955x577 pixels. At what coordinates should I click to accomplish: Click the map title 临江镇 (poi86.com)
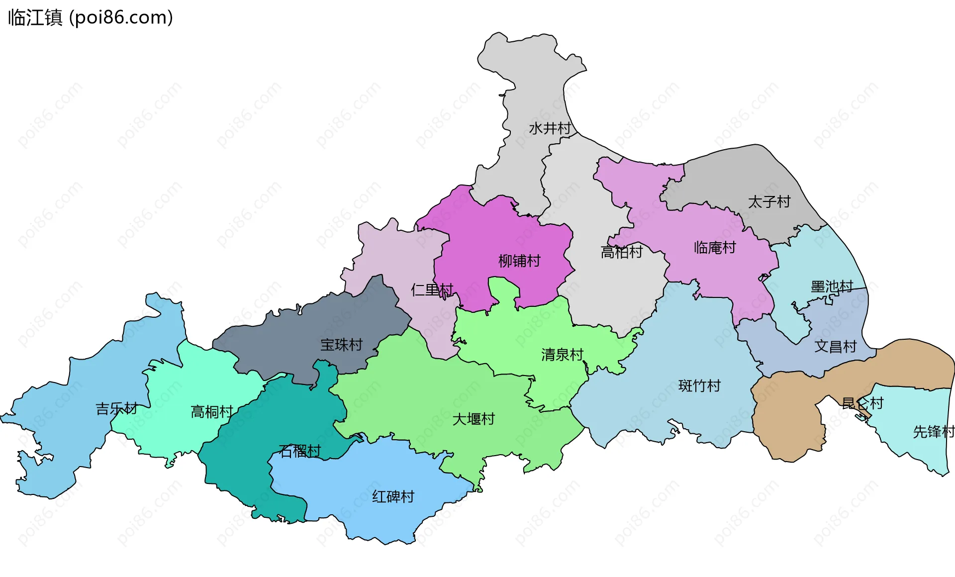pyautogui.click(x=91, y=17)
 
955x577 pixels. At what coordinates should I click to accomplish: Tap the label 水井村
pyautogui.click(x=550, y=128)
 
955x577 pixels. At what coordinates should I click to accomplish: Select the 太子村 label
pyautogui.click(x=769, y=202)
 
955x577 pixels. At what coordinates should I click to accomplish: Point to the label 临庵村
pyautogui.click(x=715, y=248)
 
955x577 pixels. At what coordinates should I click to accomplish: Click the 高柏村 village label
pyautogui.click(x=621, y=252)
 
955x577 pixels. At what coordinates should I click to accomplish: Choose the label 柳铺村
pyautogui.click(x=519, y=261)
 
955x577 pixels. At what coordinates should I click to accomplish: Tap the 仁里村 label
pyautogui.click(x=432, y=289)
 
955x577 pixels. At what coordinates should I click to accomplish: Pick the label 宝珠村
pyautogui.click(x=341, y=345)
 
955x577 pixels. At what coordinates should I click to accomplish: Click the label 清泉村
pyautogui.click(x=562, y=355)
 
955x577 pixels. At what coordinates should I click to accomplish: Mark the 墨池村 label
pyautogui.click(x=832, y=287)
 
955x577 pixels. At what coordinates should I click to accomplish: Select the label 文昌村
pyautogui.click(x=835, y=347)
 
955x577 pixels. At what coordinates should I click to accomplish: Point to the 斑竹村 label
pyautogui.click(x=699, y=386)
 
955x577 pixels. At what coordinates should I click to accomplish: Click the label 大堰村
pyautogui.click(x=474, y=419)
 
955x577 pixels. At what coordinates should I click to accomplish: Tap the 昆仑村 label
pyautogui.click(x=862, y=403)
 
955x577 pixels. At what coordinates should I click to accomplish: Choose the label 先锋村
pyautogui.click(x=933, y=432)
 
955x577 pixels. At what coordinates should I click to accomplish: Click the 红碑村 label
pyautogui.click(x=393, y=496)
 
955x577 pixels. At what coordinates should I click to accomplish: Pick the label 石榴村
pyautogui.click(x=299, y=451)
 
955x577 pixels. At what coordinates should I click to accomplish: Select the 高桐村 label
pyautogui.click(x=212, y=412)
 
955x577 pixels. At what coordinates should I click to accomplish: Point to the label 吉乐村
pyautogui.click(x=116, y=409)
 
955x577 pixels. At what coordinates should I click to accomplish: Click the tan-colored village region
pyautogui.click(x=786, y=418)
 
